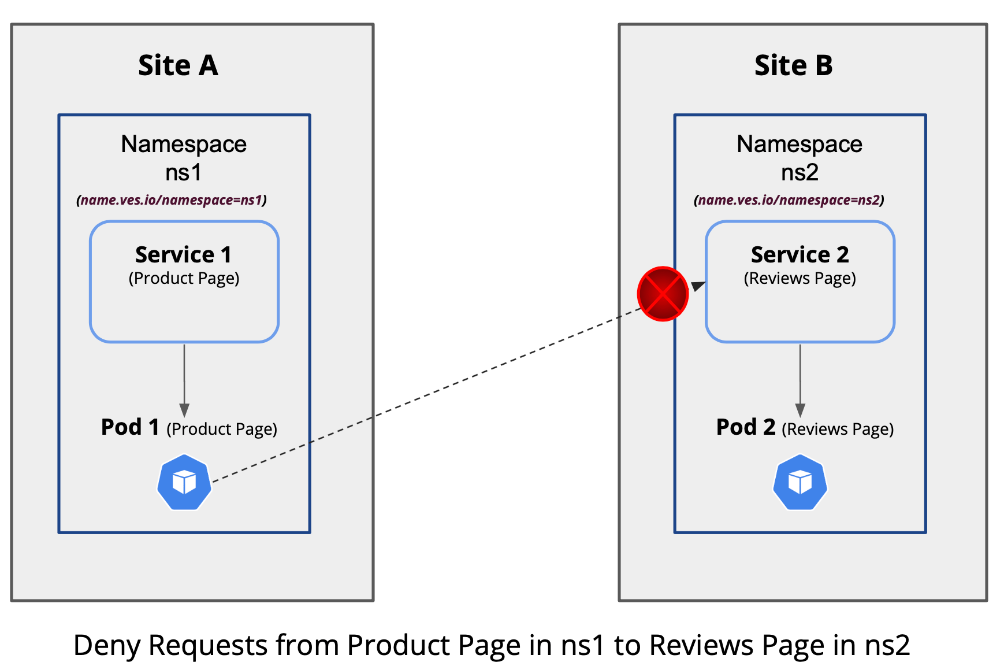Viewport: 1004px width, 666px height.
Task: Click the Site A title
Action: (x=178, y=65)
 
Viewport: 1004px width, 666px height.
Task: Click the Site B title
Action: (x=793, y=65)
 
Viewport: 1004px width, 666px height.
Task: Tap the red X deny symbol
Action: (x=663, y=294)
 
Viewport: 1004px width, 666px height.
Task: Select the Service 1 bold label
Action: (x=184, y=254)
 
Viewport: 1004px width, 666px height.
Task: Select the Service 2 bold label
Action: (x=800, y=254)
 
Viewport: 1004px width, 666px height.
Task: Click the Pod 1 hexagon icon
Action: (x=184, y=483)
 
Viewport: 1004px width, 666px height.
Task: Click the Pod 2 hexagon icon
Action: (x=800, y=483)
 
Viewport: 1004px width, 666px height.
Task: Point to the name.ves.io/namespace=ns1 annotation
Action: (x=172, y=200)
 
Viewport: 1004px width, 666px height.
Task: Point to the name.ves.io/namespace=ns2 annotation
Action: (x=789, y=200)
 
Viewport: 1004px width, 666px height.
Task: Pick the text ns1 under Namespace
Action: (x=184, y=172)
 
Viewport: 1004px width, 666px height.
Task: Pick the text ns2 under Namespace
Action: (x=800, y=172)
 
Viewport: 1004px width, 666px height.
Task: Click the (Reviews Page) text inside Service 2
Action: (x=800, y=279)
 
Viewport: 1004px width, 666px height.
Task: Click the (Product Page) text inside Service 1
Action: (x=184, y=279)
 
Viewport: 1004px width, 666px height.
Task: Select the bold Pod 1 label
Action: (x=130, y=427)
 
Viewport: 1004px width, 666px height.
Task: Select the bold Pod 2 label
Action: (x=745, y=427)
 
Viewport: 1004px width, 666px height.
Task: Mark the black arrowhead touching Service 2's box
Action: (x=698, y=286)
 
